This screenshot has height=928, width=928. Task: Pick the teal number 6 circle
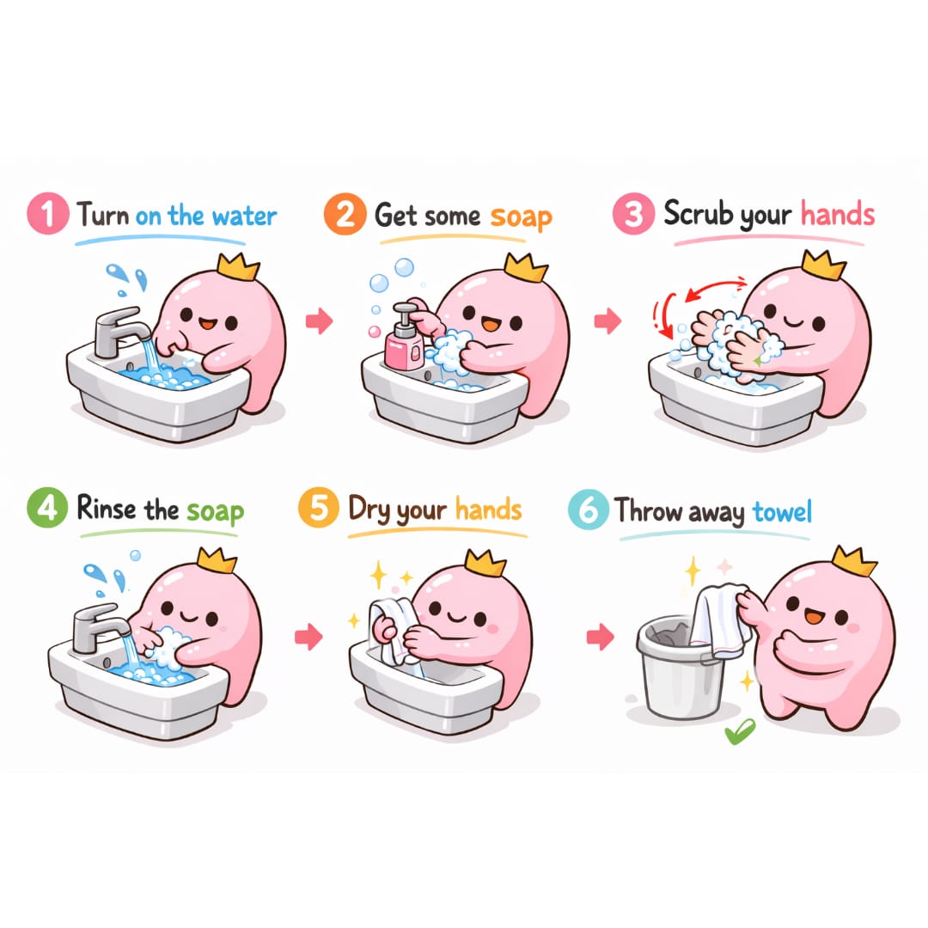(x=587, y=510)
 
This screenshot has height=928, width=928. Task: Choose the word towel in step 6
(x=782, y=511)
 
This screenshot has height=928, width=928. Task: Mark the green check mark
(x=738, y=732)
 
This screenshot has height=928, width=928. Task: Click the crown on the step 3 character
(x=822, y=264)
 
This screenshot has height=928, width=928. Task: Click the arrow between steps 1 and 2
(x=319, y=321)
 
